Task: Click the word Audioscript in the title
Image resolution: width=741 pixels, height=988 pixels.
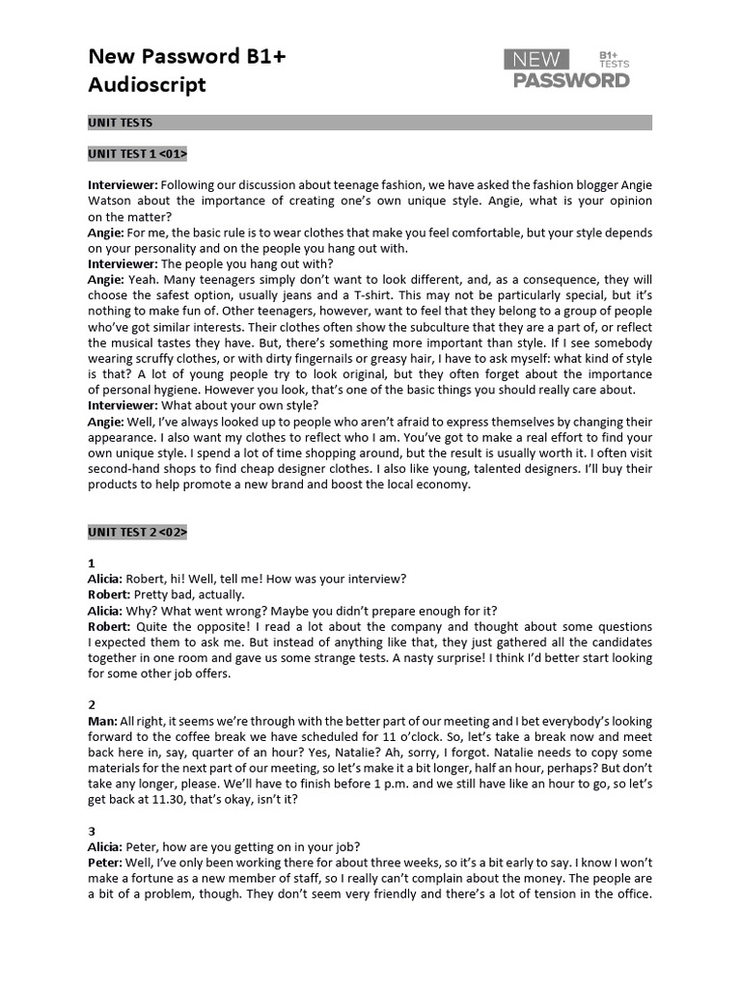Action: [x=147, y=85]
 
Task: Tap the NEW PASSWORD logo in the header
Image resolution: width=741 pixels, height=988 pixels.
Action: [x=566, y=69]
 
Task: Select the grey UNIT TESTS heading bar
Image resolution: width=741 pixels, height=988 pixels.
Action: [x=370, y=123]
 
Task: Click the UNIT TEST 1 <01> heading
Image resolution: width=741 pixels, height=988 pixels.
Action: [x=137, y=153]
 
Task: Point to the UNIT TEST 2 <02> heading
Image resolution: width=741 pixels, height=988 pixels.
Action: [x=137, y=532]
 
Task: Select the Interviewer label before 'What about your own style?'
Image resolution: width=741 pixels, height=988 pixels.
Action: [x=123, y=405]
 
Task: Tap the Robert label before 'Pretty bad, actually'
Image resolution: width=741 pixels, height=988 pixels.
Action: [x=109, y=594]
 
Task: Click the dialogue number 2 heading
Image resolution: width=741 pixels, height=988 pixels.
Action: [x=92, y=705]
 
